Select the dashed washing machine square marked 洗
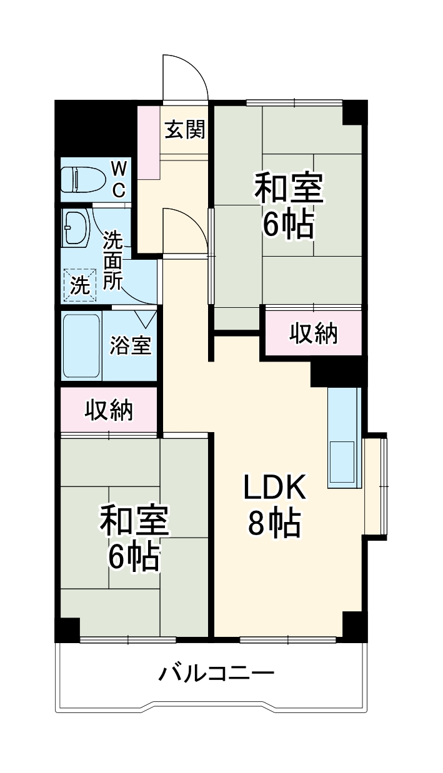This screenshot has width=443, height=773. click(79, 285)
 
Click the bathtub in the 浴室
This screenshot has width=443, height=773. click(81, 346)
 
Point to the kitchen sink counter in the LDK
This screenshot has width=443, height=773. click(344, 437)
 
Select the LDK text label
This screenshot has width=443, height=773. click(274, 488)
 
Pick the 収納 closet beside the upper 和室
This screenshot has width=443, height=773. click(313, 334)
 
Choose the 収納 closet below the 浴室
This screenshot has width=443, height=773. click(109, 410)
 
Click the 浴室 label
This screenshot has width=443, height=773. click(131, 345)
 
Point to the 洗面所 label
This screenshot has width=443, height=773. click(112, 260)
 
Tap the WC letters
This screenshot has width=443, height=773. click(119, 178)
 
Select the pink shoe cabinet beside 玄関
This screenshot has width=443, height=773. click(149, 142)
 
